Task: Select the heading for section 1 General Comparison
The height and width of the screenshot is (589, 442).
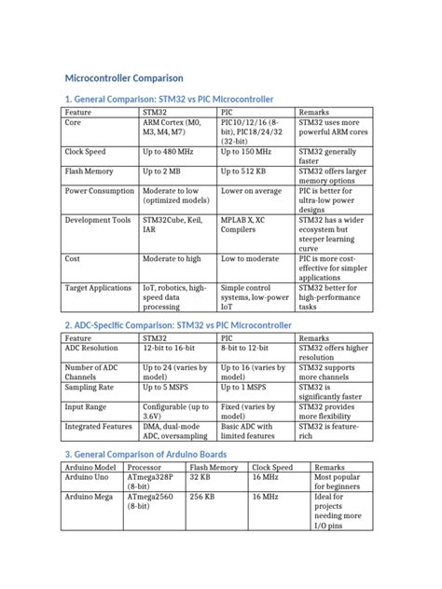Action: coord(171,99)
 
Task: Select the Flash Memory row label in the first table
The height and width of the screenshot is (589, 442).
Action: coord(91,171)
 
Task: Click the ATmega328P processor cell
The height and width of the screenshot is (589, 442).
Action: coord(153,482)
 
